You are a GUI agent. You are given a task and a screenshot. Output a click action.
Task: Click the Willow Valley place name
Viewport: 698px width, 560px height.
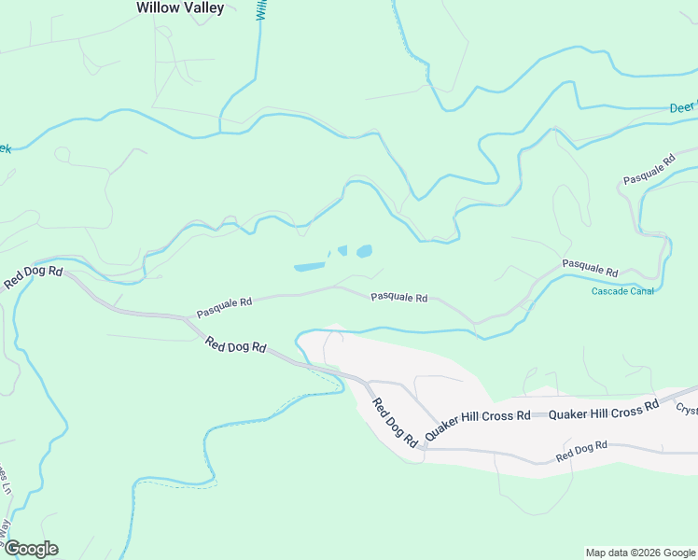(180, 7)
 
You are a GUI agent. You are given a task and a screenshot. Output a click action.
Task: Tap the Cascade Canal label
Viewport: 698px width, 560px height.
(622, 291)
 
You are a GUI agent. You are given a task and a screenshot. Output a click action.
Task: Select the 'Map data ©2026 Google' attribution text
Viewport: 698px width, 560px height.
(640, 553)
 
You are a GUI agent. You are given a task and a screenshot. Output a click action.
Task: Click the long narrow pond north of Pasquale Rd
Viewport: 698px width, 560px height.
(309, 267)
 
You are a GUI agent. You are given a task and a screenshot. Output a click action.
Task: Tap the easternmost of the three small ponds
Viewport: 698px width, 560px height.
(363, 251)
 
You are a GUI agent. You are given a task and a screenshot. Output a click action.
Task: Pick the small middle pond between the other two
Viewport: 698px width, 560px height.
(342, 250)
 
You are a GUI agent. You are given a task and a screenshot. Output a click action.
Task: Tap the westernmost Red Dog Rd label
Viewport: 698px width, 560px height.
(33, 277)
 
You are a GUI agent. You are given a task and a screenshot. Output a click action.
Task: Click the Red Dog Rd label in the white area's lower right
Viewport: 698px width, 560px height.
(581, 452)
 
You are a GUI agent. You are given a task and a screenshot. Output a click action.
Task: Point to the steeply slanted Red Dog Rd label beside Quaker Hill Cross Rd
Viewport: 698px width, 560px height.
(394, 423)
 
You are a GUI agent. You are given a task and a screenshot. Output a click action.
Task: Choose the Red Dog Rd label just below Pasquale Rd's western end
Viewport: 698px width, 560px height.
(236, 346)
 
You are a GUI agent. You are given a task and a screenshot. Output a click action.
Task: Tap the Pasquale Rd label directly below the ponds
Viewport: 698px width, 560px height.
(398, 298)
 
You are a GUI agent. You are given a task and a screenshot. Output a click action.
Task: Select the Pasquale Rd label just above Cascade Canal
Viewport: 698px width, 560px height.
(590, 267)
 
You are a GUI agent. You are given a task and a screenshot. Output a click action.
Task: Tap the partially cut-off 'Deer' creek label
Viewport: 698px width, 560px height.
(683, 108)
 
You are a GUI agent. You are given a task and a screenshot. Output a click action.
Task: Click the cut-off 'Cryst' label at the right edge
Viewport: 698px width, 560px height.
(687, 409)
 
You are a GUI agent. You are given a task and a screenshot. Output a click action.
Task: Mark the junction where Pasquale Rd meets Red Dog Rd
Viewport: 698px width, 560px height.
(188, 320)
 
